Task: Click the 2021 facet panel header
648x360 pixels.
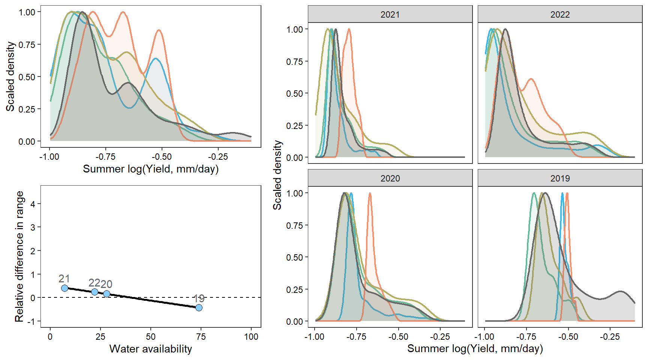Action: [390, 15]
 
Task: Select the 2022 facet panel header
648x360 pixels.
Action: [560, 15]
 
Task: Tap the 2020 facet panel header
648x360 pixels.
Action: [390, 178]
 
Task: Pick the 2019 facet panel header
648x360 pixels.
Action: [560, 178]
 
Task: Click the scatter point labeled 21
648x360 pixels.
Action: [64, 288]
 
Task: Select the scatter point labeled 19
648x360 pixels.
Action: [199, 307]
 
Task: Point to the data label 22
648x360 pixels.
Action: [94, 283]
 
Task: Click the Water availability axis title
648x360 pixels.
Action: [150, 349]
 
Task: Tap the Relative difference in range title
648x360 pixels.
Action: [19, 256]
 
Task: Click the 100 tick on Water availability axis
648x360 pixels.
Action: [251, 337]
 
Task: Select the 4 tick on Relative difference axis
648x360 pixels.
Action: [33, 204]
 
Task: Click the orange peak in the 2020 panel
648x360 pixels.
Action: [370, 193]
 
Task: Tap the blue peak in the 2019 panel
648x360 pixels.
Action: [562, 193]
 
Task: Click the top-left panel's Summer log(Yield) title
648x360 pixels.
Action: [150, 169]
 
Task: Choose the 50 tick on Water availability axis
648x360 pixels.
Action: [150, 337]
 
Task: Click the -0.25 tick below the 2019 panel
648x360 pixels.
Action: [610, 337]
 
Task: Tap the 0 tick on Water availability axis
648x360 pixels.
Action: [50, 337]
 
